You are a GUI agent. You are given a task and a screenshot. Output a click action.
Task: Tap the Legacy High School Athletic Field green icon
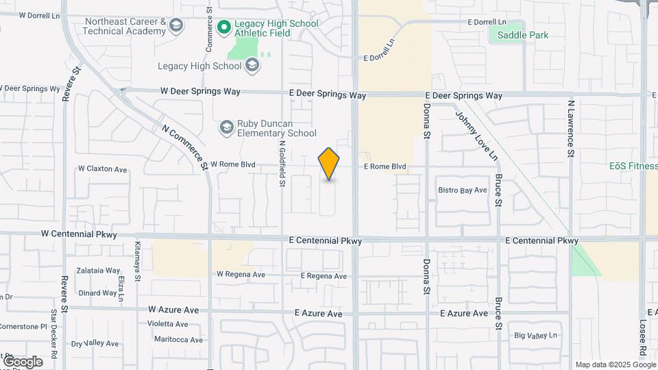(x=223, y=29)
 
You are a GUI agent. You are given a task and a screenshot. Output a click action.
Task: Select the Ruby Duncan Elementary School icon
(x=227, y=127)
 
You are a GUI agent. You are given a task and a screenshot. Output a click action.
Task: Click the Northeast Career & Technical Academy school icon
(x=177, y=27)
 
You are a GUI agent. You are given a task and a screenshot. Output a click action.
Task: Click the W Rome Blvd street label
(x=232, y=164)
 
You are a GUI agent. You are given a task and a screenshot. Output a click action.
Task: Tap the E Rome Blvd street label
(x=385, y=166)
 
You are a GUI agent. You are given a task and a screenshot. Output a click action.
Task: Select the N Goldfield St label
(x=282, y=164)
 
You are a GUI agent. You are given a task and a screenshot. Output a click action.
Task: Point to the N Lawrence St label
(x=570, y=129)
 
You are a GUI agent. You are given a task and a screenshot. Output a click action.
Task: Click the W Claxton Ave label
(x=103, y=169)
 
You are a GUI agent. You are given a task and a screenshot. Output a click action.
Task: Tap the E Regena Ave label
(x=324, y=276)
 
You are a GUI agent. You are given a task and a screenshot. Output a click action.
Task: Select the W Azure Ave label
(x=173, y=310)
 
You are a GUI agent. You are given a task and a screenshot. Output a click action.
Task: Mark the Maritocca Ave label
(x=178, y=339)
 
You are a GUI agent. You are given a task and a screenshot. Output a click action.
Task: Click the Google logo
(x=23, y=362)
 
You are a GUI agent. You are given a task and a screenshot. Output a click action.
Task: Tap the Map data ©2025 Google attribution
(x=615, y=365)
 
